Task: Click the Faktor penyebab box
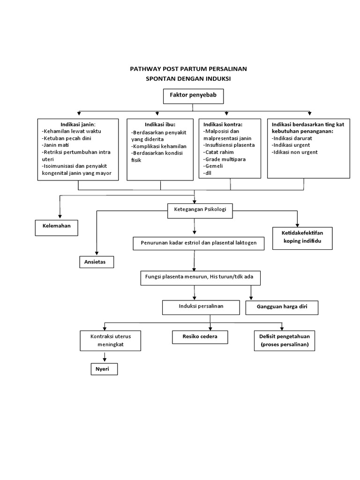(193, 96)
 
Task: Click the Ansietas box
(96, 262)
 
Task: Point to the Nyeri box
(103, 369)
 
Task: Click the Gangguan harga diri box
(281, 307)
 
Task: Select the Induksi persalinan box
(200, 307)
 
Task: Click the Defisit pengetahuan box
(284, 341)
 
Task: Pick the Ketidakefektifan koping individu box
(303, 238)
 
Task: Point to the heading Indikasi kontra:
(223, 124)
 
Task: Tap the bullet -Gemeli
(213, 166)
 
